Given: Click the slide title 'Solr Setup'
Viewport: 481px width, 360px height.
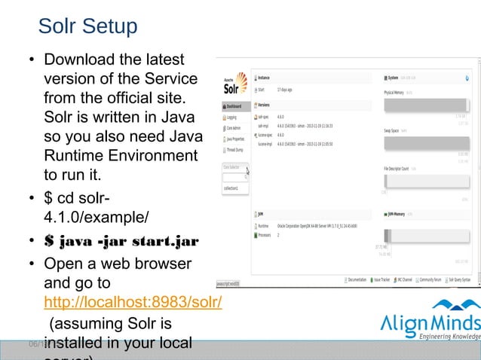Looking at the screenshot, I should pyautogui.click(x=87, y=26).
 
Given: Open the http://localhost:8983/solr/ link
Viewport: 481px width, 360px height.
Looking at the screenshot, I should pyautogui.click(x=133, y=303).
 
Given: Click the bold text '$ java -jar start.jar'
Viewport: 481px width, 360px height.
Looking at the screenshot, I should pyautogui.click(x=121, y=241).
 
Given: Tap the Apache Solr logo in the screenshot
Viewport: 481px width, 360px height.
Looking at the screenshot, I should pyautogui.click(x=234, y=84).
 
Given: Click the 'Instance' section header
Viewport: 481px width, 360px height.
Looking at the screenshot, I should pyautogui.click(x=264, y=78).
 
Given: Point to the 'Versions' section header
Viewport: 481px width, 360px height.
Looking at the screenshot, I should pyautogui.click(x=264, y=105).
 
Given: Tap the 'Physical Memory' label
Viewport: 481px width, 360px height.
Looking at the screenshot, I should pyautogui.click(x=394, y=92).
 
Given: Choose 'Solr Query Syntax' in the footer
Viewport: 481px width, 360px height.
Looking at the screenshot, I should pyautogui.click(x=456, y=279).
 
